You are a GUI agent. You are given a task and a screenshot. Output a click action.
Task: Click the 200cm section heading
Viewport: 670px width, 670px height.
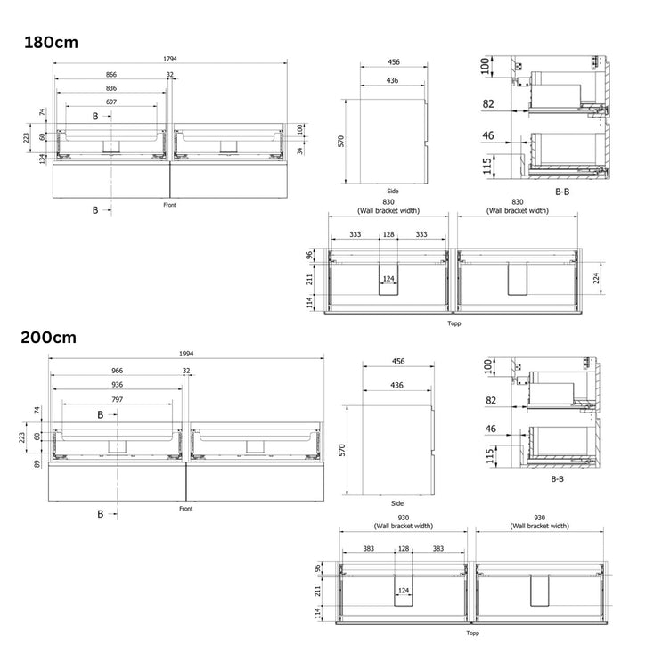pyautogui.click(x=51, y=338)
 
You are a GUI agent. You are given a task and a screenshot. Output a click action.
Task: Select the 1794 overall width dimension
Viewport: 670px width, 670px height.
pyautogui.click(x=169, y=60)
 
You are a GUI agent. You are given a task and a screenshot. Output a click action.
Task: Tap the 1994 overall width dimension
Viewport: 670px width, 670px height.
pyautogui.click(x=182, y=354)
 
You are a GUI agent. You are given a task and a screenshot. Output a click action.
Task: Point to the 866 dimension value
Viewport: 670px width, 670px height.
pyautogui.click(x=111, y=75)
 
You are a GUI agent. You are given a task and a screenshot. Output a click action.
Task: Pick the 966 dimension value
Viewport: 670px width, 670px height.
pyautogui.click(x=117, y=370)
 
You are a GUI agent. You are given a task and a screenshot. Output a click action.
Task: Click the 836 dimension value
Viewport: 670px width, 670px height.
pyautogui.click(x=111, y=88)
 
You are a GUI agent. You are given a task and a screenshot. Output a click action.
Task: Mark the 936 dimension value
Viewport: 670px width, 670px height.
pyautogui.click(x=117, y=385)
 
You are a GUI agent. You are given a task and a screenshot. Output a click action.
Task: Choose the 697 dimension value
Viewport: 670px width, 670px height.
pyautogui.click(x=111, y=102)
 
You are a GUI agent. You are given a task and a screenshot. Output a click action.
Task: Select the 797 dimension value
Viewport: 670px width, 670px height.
pyautogui.click(x=117, y=400)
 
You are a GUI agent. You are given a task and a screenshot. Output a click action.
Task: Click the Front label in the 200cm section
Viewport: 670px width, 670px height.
pyautogui.click(x=185, y=508)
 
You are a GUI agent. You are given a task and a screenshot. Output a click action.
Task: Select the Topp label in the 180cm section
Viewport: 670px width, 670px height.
pyautogui.click(x=454, y=323)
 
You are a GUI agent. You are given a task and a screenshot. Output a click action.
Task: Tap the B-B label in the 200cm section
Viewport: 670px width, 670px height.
pyautogui.click(x=557, y=478)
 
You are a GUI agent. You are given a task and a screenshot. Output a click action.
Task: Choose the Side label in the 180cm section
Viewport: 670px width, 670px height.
pyautogui.click(x=393, y=191)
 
